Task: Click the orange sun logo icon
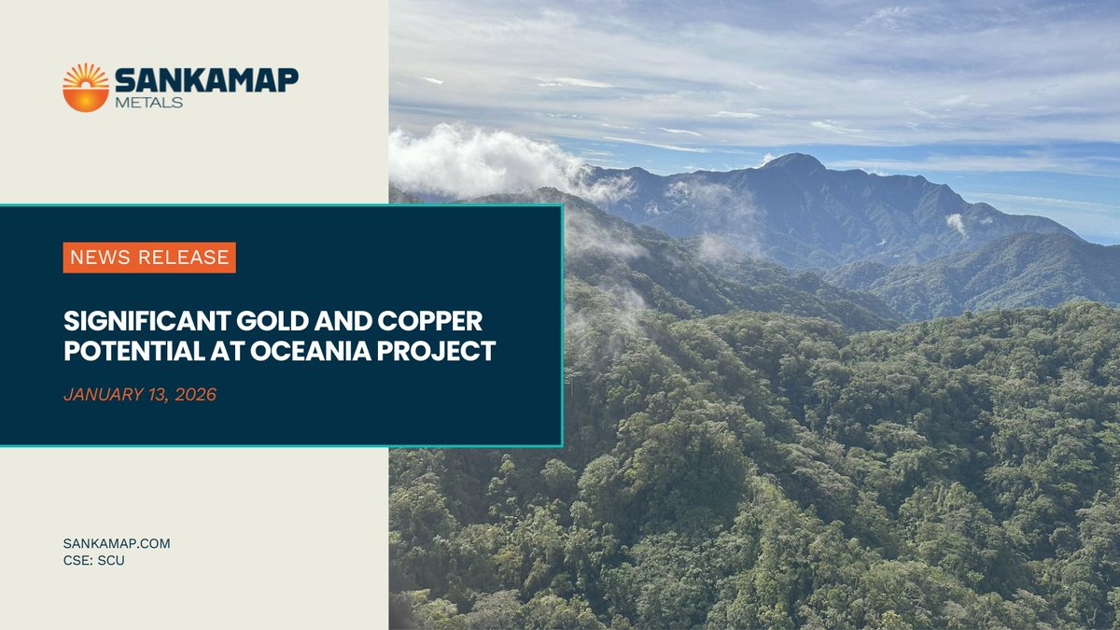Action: (86, 88)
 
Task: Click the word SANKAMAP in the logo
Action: (206, 80)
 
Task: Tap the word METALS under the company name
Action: (149, 102)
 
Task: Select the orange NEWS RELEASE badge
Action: (149, 258)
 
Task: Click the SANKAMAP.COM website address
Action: (117, 543)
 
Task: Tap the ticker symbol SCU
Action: (110, 561)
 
